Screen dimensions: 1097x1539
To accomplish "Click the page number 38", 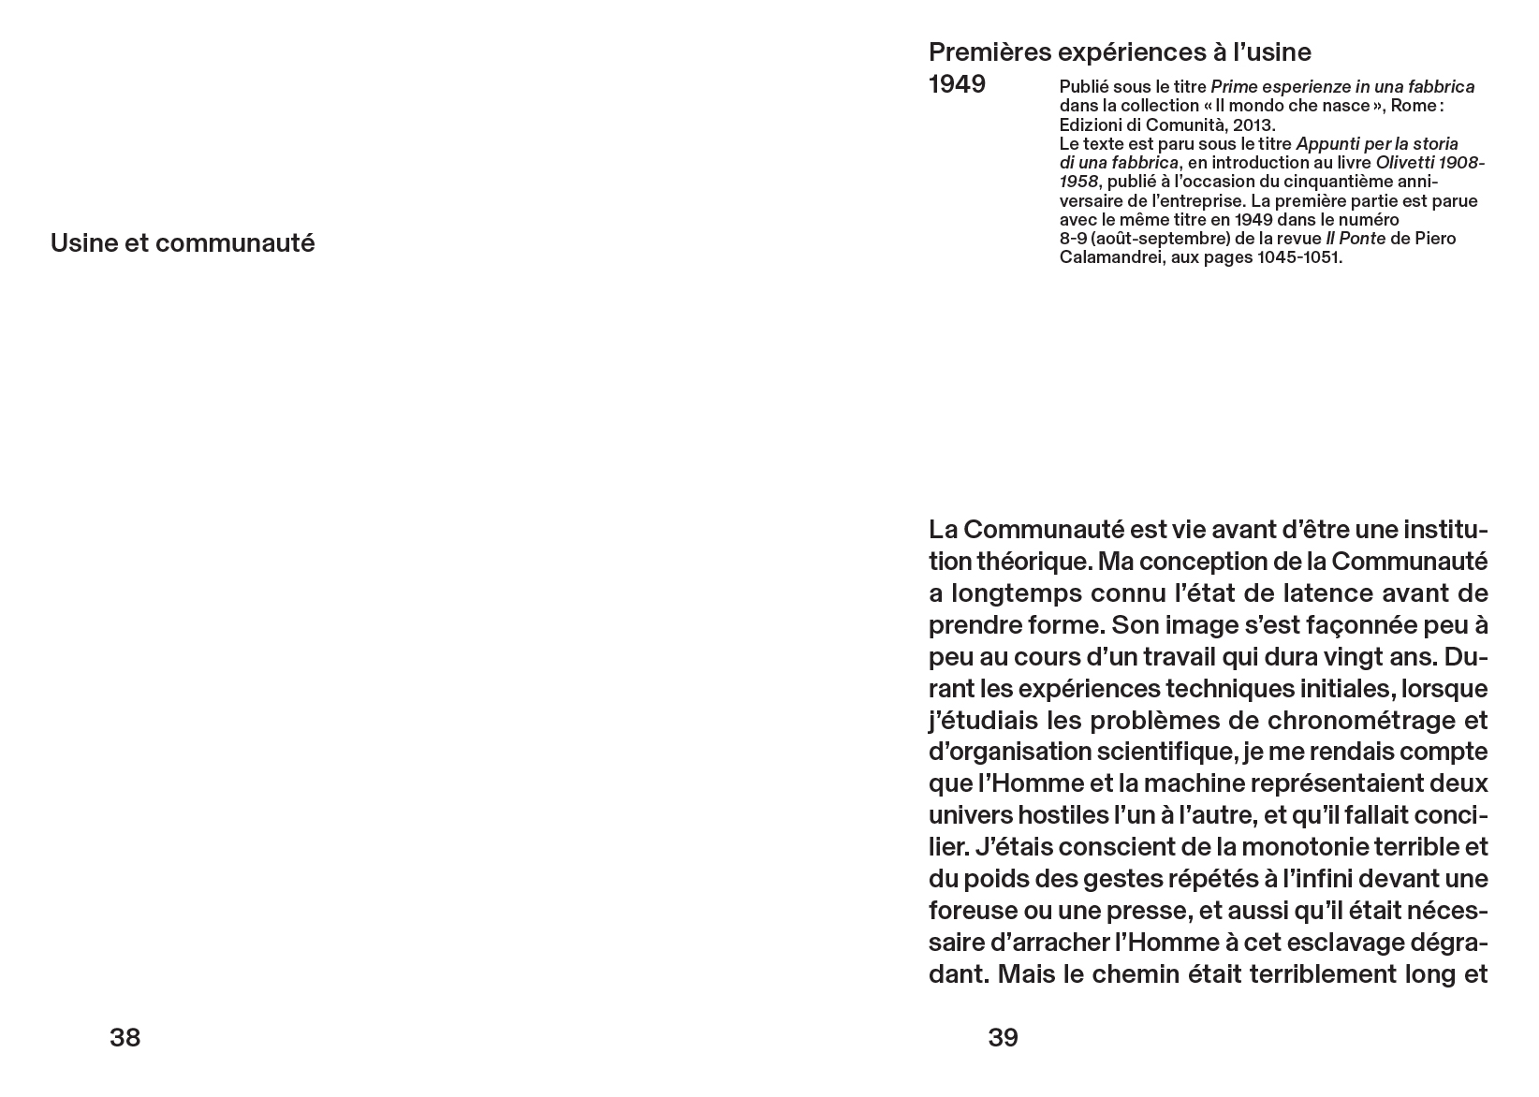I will (125, 1037).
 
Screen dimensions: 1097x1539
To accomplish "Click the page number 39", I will (1003, 1037).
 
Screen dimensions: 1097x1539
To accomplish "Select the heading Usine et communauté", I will (183, 243).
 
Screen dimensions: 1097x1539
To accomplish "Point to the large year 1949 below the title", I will (957, 84).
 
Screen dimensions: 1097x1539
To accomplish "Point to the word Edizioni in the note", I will (1092, 124).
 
